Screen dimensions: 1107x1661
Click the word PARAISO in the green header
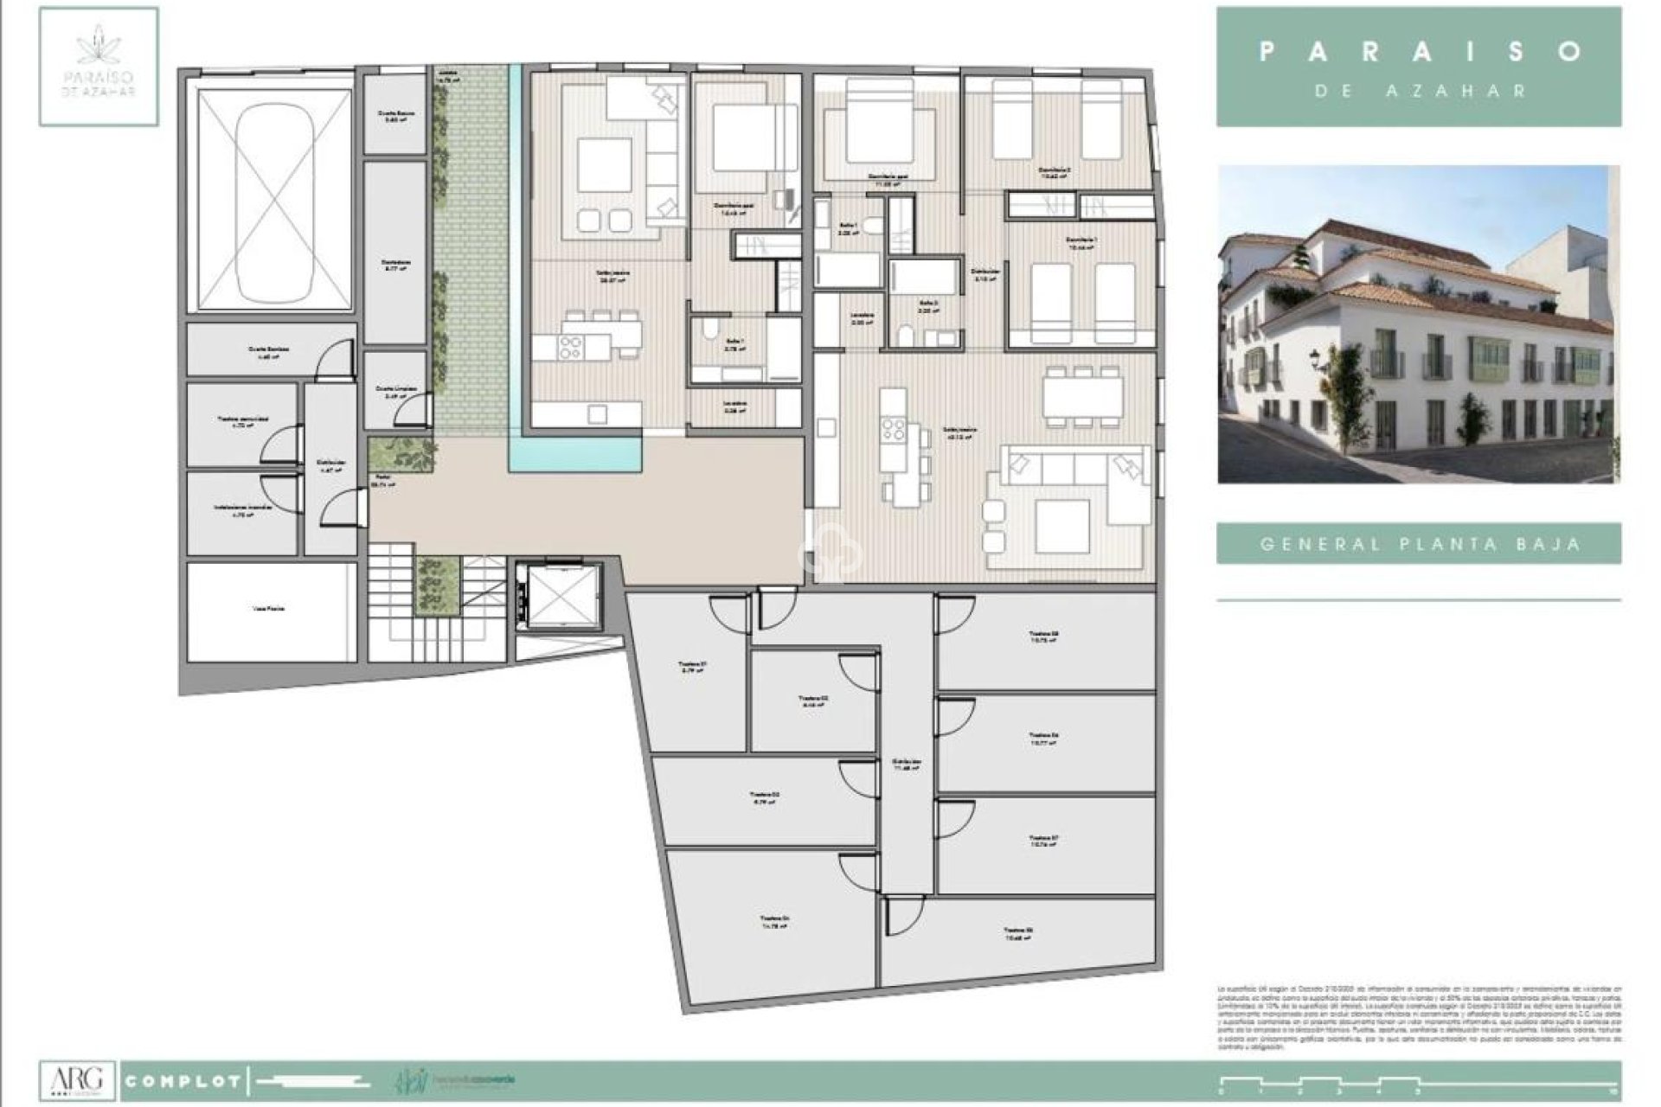point(1419,51)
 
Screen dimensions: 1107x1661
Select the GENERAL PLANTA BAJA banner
point(1419,544)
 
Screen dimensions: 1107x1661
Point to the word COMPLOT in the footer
point(183,1081)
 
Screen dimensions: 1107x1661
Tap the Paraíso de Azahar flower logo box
point(99,67)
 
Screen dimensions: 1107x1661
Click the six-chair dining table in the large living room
point(1082,396)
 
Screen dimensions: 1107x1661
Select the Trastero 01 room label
point(693,667)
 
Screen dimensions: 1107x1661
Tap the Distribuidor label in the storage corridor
point(906,765)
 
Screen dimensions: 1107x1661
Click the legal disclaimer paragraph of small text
point(1419,1017)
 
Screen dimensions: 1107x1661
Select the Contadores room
point(395,253)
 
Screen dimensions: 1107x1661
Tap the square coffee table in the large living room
point(1062,527)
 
